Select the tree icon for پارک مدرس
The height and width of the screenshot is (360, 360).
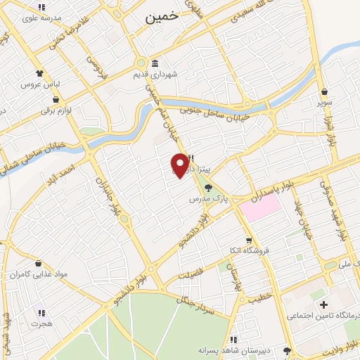(x=207, y=188)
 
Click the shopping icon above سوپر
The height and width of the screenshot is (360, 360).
(x=324, y=91)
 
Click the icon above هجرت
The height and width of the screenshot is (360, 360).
(x=41, y=313)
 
